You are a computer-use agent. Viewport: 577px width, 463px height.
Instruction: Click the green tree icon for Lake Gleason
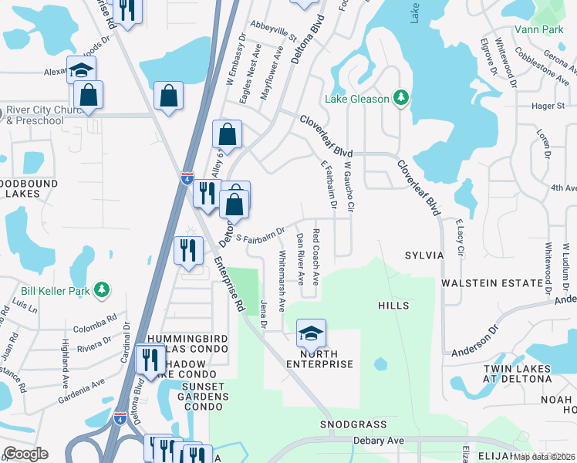click(400, 97)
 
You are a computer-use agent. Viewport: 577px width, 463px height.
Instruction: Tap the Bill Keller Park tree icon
click(101, 290)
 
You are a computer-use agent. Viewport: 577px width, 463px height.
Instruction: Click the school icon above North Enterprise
click(311, 333)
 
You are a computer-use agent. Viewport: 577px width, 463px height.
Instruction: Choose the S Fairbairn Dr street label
click(261, 234)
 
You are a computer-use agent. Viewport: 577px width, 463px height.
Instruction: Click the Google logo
click(25, 453)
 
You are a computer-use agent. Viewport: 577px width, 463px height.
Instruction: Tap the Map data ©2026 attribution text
click(543, 456)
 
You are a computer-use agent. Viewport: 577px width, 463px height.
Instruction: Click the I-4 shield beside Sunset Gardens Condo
click(120, 417)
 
